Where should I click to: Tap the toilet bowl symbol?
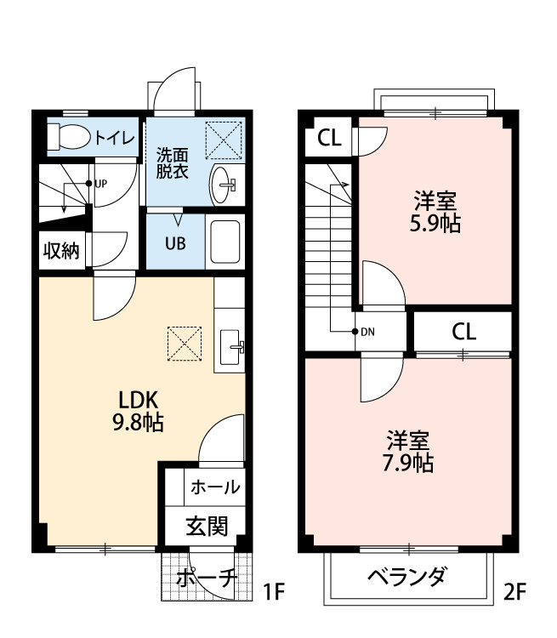[68, 136]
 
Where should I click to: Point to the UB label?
[174, 242]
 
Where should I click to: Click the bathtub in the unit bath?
[225, 242]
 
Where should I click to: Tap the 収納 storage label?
[61, 250]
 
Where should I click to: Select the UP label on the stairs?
[100, 183]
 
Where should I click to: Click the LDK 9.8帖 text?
[140, 411]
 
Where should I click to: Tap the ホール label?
[214, 487]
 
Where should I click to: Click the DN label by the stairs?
[367, 332]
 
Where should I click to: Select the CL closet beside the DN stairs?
[463, 331]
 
